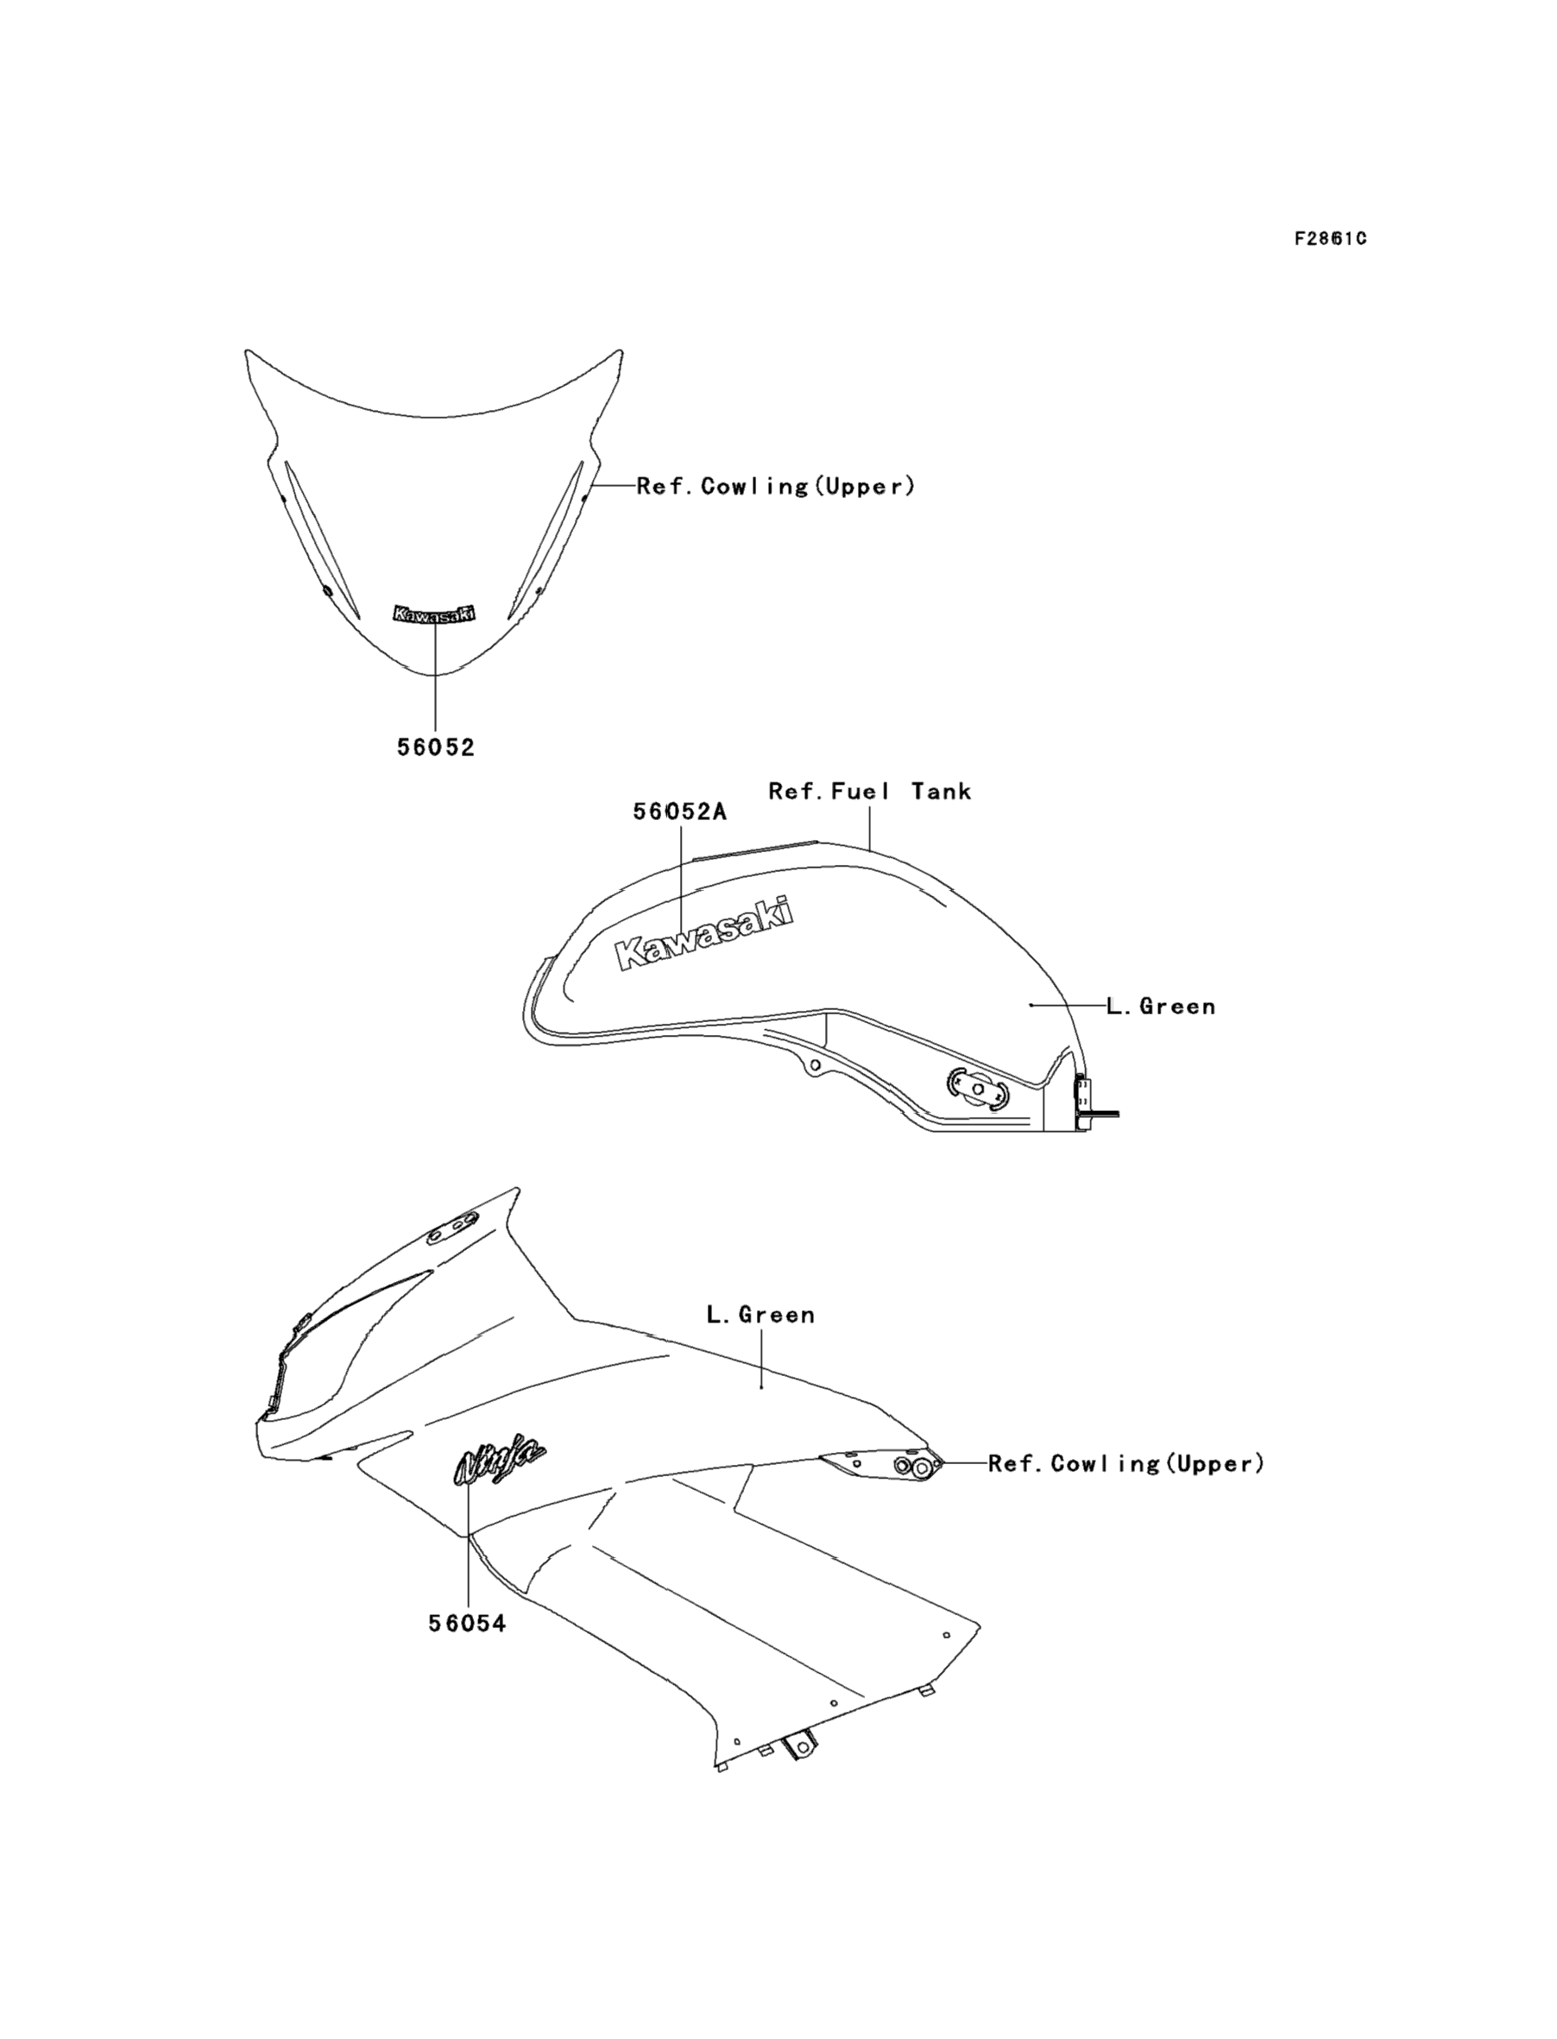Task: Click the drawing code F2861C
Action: tap(1330, 239)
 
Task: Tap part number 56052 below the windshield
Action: tap(436, 747)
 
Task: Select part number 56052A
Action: tap(679, 812)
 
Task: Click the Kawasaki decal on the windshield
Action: tap(435, 614)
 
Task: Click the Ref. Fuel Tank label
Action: tap(869, 792)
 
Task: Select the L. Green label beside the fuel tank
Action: tap(1160, 1007)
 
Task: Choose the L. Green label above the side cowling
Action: tap(760, 1315)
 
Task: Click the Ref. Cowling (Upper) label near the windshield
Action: tap(776, 487)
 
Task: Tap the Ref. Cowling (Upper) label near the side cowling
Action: tap(1125, 1464)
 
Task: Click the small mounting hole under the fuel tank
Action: tap(815, 1066)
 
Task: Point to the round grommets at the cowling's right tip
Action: tap(913, 1466)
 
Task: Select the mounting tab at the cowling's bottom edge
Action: tap(798, 1747)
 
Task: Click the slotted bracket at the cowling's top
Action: tap(453, 1226)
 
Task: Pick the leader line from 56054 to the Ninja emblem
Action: tap(468, 1557)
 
